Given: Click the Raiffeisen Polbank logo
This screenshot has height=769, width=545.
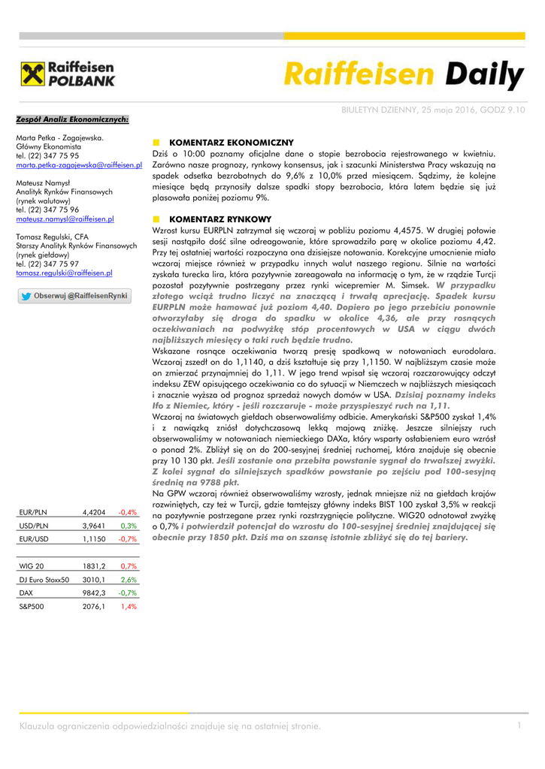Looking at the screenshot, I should coord(67,74).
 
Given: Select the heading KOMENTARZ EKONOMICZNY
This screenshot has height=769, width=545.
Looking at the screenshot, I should coord(232,142).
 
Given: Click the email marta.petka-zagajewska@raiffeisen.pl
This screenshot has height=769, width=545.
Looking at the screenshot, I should coord(79,164).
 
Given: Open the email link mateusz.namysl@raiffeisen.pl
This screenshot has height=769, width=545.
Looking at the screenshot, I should coord(65,219).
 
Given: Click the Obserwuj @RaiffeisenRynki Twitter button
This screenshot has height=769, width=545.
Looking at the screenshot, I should coord(74,296).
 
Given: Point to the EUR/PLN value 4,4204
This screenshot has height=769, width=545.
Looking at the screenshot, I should coord(94,512).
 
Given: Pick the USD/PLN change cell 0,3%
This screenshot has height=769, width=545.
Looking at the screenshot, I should coord(128,526).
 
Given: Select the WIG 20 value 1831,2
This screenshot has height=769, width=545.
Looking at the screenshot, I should coord(94,566).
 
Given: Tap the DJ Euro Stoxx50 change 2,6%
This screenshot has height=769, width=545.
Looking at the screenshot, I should coord(129,580).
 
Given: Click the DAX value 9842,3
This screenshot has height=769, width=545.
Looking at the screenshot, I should coord(94,593).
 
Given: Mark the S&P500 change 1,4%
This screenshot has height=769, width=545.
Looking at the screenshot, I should coord(129,607).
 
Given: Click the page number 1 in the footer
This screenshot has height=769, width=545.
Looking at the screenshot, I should coord(519,725).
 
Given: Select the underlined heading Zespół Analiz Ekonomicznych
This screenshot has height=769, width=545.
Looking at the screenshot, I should coord(72,119).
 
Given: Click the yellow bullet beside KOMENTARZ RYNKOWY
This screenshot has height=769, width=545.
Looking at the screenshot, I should coord(156,219).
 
